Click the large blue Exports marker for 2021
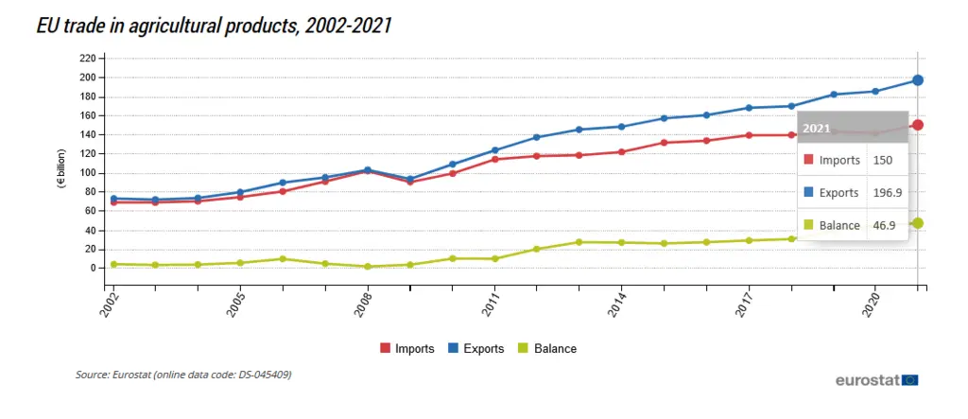pyautogui.click(x=917, y=80)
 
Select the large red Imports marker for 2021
pyautogui.click(x=917, y=125)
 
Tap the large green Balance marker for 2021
pyautogui.click(x=917, y=223)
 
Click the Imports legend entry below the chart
pyautogui.click(x=406, y=349)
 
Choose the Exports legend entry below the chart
pyautogui.click(x=476, y=349)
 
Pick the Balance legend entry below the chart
pyautogui.click(x=546, y=349)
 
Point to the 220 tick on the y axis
pyautogui.click(x=88, y=58)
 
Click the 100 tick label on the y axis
pyautogui.click(x=88, y=173)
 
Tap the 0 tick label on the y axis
pyautogui.click(x=93, y=269)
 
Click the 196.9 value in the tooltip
pyautogui.click(x=888, y=193)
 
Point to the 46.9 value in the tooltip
pyautogui.click(x=885, y=225)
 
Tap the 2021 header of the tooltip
pyautogui.click(x=816, y=129)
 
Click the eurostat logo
pyautogui.click(x=876, y=380)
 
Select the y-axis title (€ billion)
pyautogui.click(x=62, y=169)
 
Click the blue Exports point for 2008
pyautogui.click(x=368, y=170)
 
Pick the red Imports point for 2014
pyautogui.click(x=622, y=152)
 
